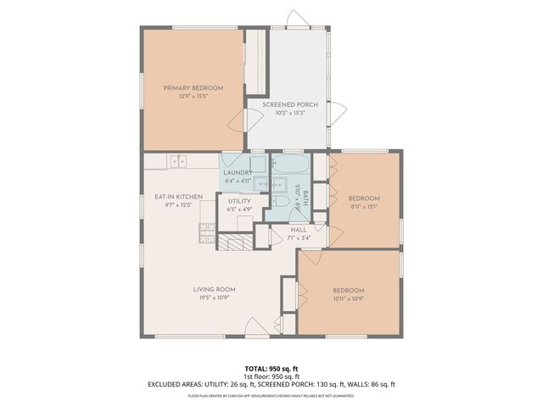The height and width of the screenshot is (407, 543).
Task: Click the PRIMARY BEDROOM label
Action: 193,88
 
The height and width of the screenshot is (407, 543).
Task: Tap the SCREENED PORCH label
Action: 289,104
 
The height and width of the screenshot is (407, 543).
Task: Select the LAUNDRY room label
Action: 238,172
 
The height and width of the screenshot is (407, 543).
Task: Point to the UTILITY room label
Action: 239,201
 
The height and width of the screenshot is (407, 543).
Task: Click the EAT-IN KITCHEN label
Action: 177,197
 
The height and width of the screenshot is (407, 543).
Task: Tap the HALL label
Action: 299,230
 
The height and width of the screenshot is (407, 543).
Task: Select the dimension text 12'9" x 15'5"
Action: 193,97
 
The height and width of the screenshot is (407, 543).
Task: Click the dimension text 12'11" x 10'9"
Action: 348,299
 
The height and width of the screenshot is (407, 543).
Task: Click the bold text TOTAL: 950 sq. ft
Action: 271,367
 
